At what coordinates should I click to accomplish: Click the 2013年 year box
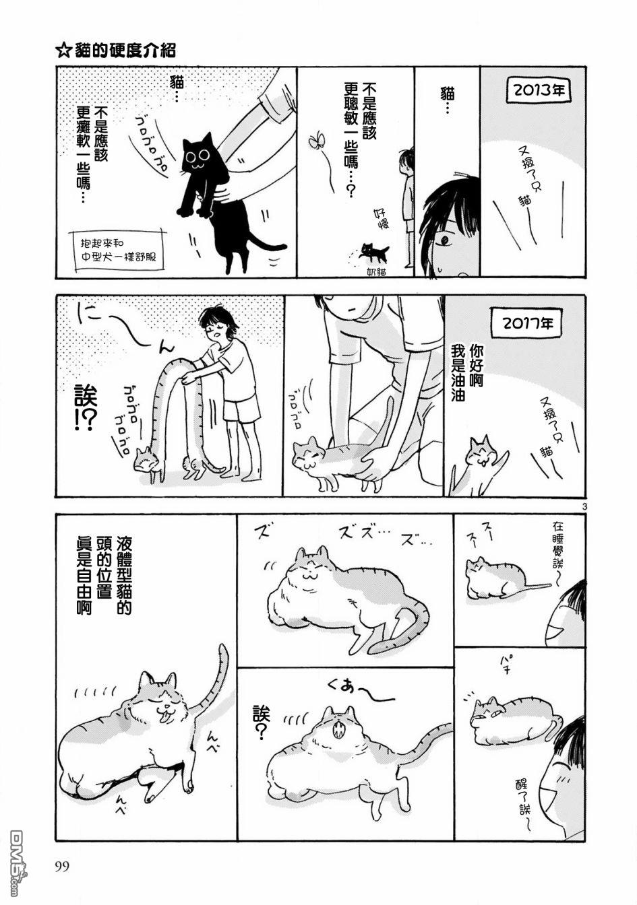tap(539, 90)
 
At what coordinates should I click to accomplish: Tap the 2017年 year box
tap(528, 323)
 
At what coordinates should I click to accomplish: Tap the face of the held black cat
tap(198, 158)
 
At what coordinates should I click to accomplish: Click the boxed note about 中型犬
tap(117, 250)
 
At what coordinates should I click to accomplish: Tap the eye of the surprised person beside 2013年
tap(445, 240)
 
